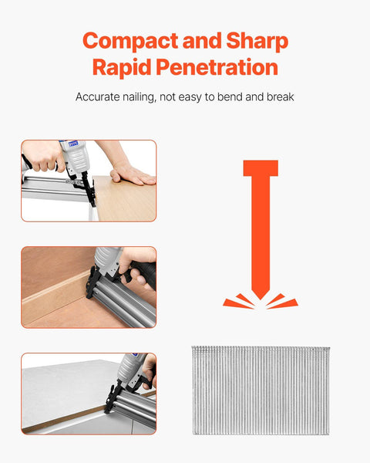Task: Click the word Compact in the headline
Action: click(130, 41)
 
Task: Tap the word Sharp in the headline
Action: click(257, 41)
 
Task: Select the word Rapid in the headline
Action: click(122, 67)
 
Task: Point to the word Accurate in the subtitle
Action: click(98, 97)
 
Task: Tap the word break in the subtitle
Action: click(281, 96)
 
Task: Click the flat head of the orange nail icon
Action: click(261, 168)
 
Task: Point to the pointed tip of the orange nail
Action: click(261, 298)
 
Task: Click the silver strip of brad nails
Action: click(261, 390)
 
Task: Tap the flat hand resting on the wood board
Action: click(133, 174)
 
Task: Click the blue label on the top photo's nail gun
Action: click(73, 144)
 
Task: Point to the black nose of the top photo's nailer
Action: click(88, 188)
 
